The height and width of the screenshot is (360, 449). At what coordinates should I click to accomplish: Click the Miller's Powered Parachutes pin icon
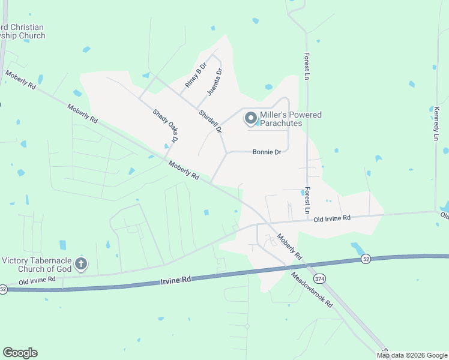(x=250, y=119)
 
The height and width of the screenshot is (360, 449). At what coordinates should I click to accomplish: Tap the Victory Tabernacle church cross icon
(x=82, y=264)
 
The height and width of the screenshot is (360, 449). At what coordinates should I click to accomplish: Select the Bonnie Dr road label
(x=267, y=152)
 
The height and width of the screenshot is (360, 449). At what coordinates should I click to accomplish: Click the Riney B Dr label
(x=195, y=74)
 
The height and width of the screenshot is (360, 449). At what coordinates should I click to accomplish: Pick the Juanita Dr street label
(x=214, y=82)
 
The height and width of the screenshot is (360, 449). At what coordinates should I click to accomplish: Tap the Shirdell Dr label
(x=211, y=121)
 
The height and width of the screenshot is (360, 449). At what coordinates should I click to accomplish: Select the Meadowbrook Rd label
(x=312, y=290)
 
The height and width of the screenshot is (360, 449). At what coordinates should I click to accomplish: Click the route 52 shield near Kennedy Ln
(x=366, y=259)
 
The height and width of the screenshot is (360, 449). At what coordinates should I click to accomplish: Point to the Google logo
(x=20, y=353)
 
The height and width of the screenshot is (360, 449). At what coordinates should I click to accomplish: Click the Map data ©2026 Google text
(x=412, y=355)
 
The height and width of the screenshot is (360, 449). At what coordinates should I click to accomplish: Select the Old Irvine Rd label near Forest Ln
(x=331, y=218)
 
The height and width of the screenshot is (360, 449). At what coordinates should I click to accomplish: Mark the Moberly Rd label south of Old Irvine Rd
(x=289, y=247)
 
